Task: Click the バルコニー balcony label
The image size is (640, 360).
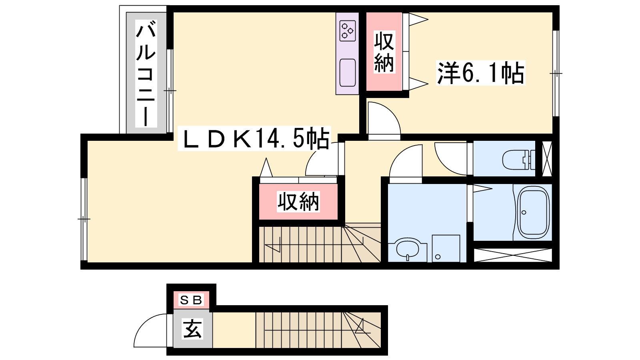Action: pyautogui.click(x=146, y=74)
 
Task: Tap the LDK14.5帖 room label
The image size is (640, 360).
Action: pyautogui.click(x=254, y=138)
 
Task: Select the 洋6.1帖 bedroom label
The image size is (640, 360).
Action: pyautogui.click(x=480, y=72)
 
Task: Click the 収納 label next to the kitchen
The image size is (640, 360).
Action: pyautogui.click(x=384, y=52)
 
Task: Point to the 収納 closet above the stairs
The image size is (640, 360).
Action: pyautogui.click(x=298, y=202)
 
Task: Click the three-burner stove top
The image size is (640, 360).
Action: pyautogui.click(x=348, y=30)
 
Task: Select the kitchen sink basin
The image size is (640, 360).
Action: pyautogui.click(x=348, y=72)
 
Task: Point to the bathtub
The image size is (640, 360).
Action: pyautogui.click(x=534, y=212)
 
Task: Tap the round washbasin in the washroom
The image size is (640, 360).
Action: pyautogui.click(x=408, y=249)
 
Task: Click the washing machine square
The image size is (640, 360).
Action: pyautogui.click(x=446, y=248)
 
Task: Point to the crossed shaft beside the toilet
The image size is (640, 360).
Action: pyautogui.click(x=547, y=158)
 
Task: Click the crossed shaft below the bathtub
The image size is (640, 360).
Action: pyautogui.click(x=513, y=255)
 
